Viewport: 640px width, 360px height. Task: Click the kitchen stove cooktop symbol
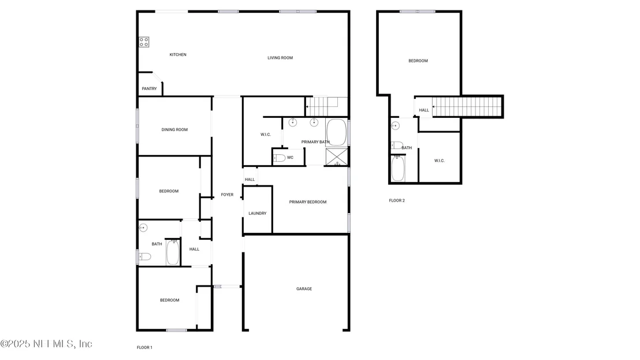(x=144, y=42)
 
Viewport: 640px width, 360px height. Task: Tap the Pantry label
(x=150, y=88)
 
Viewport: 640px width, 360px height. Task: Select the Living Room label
(x=280, y=58)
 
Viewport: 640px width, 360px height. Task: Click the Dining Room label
(x=174, y=130)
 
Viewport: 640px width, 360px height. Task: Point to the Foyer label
(x=227, y=195)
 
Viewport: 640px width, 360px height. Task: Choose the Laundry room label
(x=257, y=213)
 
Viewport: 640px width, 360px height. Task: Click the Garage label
(x=304, y=289)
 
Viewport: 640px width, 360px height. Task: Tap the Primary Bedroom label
(x=308, y=202)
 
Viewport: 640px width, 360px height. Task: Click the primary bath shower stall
(x=337, y=157)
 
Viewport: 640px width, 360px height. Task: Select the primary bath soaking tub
(x=336, y=132)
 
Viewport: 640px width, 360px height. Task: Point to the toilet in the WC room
(x=280, y=158)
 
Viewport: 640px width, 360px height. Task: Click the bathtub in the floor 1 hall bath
(x=173, y=252)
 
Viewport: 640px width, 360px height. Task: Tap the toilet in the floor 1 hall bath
(x=145, y=257)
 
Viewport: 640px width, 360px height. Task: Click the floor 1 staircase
(x=326, y=106)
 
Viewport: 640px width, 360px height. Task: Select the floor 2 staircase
(x=467, y=106)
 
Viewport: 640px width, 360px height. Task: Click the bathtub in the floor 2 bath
(x=398, y=168)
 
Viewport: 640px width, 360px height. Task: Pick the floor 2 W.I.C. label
(x=439, y=161)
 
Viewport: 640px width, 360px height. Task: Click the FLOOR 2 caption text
(x=397, y=201)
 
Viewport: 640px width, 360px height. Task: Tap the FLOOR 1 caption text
(x=144, y=348)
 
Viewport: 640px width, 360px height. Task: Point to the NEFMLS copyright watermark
(x=46, y=344)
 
